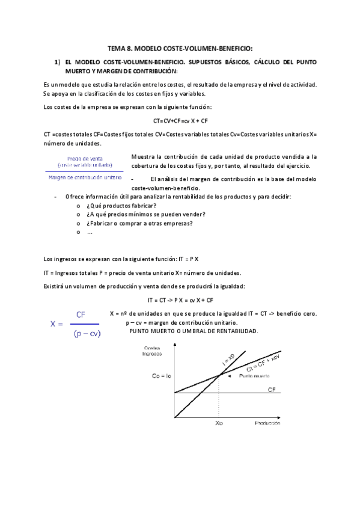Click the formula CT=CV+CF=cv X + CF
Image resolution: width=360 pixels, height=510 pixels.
point(180,120)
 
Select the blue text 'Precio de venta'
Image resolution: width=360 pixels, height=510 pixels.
point(83,158)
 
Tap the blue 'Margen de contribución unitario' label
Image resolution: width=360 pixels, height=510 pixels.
point(84,177)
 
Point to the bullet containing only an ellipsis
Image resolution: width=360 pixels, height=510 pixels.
point(90,232)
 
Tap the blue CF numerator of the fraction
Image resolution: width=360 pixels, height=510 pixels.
point(81,315)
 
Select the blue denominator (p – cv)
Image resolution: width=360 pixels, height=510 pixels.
point(87,334)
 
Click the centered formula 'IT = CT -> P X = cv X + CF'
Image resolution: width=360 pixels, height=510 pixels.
point(180,300)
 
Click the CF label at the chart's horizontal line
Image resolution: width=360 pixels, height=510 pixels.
point(272,390)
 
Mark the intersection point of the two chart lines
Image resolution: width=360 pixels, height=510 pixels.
point(219,375)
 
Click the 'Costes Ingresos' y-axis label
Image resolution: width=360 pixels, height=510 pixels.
point(153,351)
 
